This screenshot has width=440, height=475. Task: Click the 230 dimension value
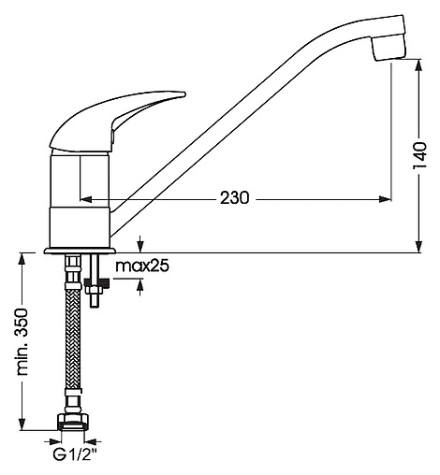pos(235,198)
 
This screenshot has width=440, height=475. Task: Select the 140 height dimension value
pos(419,155)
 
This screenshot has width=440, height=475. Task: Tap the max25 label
pos(142,266)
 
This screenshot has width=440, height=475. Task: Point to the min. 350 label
pos(23,341)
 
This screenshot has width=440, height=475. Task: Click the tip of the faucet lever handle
pos(184,94)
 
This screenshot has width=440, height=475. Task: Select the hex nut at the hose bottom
pos(73,422)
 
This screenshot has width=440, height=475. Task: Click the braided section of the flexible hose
pos(73,339)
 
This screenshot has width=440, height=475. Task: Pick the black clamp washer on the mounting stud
pos(97,283)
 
